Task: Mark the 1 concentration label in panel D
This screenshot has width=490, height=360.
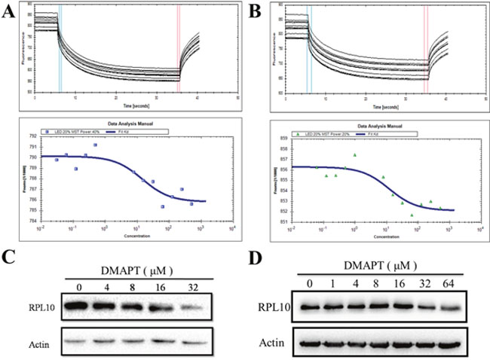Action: tap(333, 282)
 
